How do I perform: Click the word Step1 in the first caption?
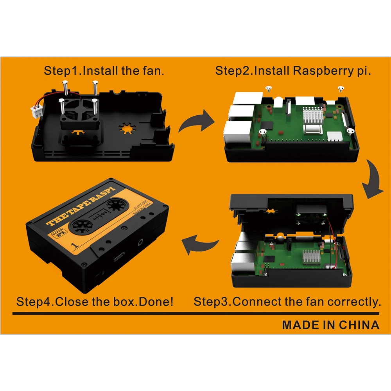click(63, 71)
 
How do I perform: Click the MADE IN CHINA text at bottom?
click(330, 325)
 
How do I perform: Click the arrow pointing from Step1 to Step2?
click(197, 122)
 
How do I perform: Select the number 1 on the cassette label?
click(74, 245)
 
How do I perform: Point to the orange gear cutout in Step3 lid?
click(270, 213)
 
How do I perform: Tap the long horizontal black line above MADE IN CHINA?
click(195, 313)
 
